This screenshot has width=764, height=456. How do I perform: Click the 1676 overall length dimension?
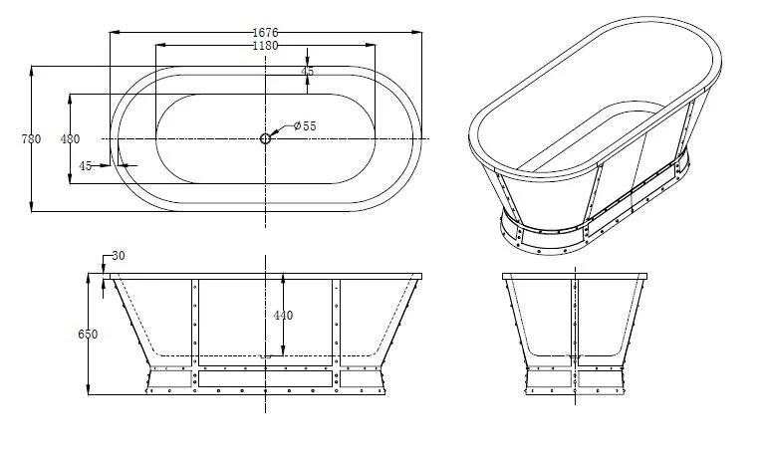[265, 32]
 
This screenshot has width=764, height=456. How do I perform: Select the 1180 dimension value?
[265, 46]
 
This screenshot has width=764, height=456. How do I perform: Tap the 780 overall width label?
[31, 139]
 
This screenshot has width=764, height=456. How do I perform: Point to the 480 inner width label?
[71, 139]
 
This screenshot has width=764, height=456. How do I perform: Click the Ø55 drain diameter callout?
[304, 126]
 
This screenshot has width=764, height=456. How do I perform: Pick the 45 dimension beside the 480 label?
[86, 166]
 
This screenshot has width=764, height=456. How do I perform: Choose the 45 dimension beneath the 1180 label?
[307, 72]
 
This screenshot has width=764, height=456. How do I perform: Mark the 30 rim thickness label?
[119, 257]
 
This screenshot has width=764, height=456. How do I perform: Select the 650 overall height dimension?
[88, 336]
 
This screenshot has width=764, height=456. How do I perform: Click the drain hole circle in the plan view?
[265, 138]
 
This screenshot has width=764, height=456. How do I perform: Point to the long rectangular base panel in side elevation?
[265, 378]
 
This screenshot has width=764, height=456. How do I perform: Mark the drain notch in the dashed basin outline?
[265, 355]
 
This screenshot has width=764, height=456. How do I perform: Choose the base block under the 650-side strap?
[172, 378]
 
